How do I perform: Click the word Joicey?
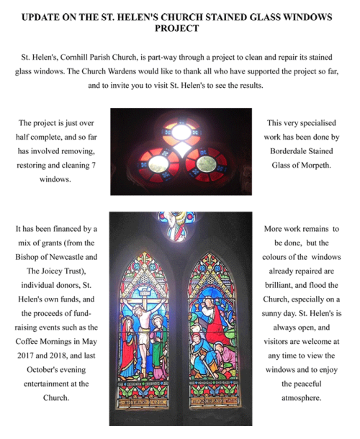(x=57, y=271)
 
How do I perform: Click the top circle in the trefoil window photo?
(x=181, y=132)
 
